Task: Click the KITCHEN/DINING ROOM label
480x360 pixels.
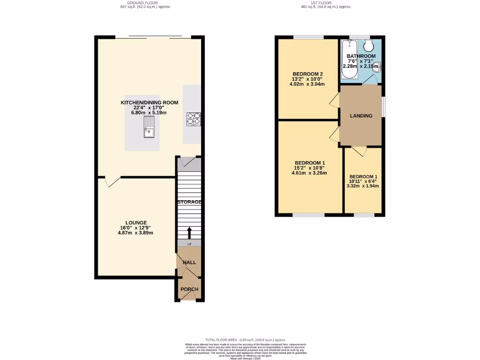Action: tap(143, 102)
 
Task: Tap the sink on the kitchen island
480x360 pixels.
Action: tap(149, 127)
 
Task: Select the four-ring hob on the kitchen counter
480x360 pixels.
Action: tap(194, 119)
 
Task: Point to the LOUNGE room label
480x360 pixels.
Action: tap(136, 223)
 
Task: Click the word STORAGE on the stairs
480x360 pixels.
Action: tap(189, 202)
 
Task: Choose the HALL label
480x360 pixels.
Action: tap(189, 262)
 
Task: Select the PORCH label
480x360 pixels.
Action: tap(189, 289)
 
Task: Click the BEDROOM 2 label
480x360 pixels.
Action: tap(307, 74)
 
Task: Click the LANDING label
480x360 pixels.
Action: tap(361, 116)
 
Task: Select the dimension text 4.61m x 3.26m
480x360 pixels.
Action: tap(309, 173)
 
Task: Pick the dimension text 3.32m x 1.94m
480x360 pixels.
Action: tap(362, 186)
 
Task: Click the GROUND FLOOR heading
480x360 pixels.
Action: tap(145, 3)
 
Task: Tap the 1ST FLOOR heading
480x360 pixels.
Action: tap(325, 3)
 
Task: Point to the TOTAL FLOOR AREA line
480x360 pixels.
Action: tap(245, 339)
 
